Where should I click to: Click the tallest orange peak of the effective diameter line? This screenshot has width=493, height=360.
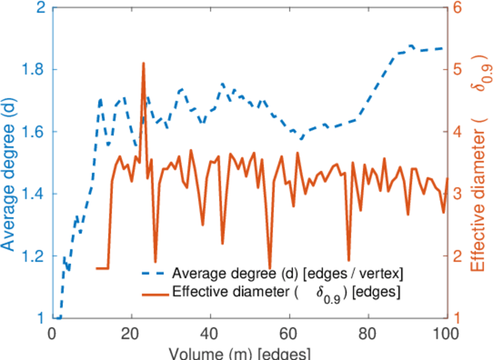(144, 63)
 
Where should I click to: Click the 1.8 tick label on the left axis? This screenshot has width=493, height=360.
(32, 70)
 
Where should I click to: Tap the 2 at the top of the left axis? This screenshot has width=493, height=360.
(40, 8)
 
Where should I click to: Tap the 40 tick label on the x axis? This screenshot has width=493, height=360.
(210, 334)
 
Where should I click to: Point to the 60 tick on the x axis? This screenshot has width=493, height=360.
(289, 334)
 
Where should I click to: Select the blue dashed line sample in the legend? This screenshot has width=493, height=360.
(154, 274)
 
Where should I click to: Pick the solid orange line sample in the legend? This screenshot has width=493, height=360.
(154, 293)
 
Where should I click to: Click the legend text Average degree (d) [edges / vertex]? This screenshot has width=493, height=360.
(287, 274)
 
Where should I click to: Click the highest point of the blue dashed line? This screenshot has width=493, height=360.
(411, 46)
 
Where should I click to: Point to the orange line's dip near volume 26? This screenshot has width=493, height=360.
(155, 262)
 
